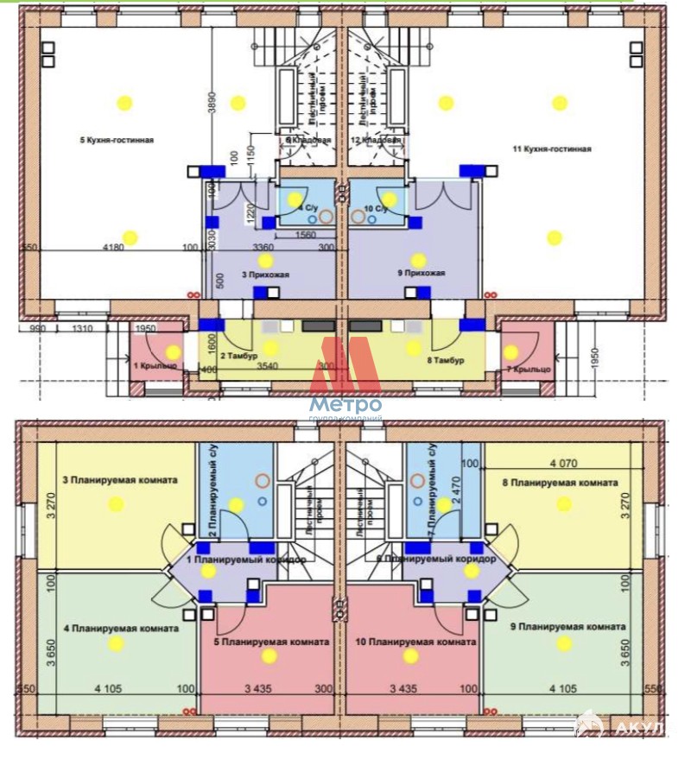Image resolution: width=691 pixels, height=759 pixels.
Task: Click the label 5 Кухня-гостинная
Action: click(x=117, y=140)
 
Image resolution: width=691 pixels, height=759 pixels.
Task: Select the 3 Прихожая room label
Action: click(x=265, y=275)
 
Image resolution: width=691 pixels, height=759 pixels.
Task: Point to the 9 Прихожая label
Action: click(x=421, y=274)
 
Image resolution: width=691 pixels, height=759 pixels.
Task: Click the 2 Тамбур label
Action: click(x=235, y=356)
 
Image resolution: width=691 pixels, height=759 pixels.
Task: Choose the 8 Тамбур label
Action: click(x=446, y=360)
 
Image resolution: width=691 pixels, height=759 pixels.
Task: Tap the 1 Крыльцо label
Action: click(x=155, y=365)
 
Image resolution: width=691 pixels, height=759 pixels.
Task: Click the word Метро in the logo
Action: click(x=345, y=405)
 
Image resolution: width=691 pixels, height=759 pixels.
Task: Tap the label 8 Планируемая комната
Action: click(x=562, y=483)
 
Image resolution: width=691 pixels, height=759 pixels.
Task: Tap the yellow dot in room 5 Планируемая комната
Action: click(x=269, y=656)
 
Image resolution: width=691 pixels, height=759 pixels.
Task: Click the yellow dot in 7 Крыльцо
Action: click(x=511, y=351)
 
